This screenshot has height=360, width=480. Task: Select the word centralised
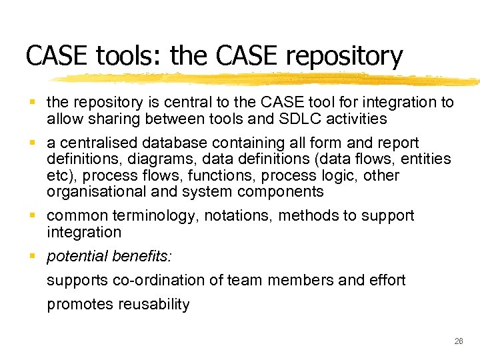point(92,143)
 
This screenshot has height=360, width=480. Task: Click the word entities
point(425,159)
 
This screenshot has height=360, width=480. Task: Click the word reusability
point(154,305)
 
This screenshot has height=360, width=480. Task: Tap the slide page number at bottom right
point(458,341)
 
